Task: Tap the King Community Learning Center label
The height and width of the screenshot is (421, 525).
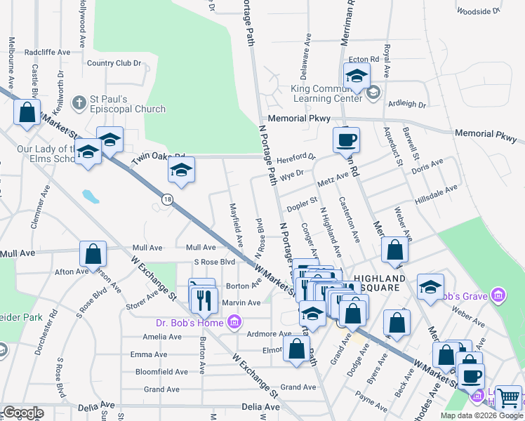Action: (330, 94)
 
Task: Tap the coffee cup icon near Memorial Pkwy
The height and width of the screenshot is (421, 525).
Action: (346, 139)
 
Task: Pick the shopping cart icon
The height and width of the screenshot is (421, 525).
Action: (508, 398)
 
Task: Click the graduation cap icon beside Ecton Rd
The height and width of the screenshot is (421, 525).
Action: (357, 76)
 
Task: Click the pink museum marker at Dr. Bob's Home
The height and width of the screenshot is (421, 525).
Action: (234, 323)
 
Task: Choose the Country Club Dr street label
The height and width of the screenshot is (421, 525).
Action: (114, 63)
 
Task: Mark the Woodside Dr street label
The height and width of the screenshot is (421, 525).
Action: (477, 11)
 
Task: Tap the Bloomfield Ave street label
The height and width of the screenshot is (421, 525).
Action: (159, 372)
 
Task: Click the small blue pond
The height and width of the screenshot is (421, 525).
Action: (90, 195)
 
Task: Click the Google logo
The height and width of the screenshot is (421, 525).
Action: (23, 413)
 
